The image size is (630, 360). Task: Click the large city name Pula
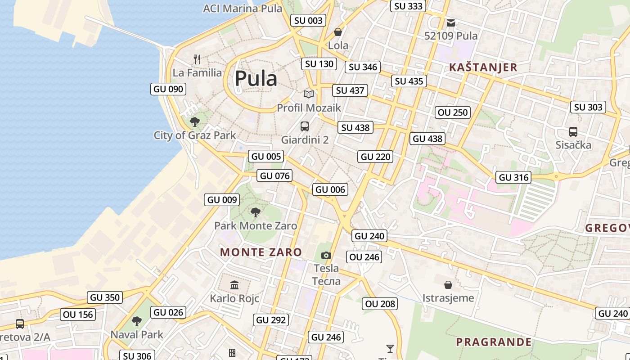(256, 79)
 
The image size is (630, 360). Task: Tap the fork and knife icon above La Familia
(197, 59)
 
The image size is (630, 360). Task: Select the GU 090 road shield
(168, 89)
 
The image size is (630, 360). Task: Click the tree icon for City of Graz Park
(195, 121)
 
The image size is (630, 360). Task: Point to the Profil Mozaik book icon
(309, 94)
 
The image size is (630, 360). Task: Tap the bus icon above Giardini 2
(305, 126)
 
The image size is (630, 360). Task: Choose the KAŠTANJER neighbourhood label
(483, 67)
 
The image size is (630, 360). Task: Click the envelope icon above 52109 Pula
(451, 22)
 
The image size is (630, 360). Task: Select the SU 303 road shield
(589, 107)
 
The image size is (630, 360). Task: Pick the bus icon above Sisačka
(573, 132)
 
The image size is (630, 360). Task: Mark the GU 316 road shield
(513, 177)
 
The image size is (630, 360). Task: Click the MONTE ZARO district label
(261, 252)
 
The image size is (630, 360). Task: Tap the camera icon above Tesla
(326, 256)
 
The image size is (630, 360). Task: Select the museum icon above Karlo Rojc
(234, 285)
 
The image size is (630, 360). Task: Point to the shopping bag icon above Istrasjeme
(448, 284)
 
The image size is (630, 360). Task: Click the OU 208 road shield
(380, 304)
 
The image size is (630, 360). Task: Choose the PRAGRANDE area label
(494, 342)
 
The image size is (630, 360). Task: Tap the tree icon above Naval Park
(137, 321)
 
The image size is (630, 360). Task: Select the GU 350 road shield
(105, 297)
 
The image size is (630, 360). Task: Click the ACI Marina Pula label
(243, 8)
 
